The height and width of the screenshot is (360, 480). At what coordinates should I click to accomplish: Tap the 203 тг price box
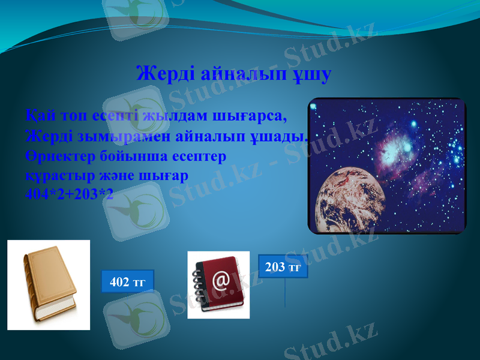(x=283, y=267)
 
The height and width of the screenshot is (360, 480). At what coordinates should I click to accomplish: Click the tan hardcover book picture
(x=49, y=285)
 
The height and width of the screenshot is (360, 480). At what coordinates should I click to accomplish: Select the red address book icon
(x=218, y=284)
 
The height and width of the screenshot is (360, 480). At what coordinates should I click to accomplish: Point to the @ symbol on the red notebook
(x=221, y=281)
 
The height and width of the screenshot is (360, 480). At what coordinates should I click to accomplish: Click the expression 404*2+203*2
(x=69, y=194)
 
